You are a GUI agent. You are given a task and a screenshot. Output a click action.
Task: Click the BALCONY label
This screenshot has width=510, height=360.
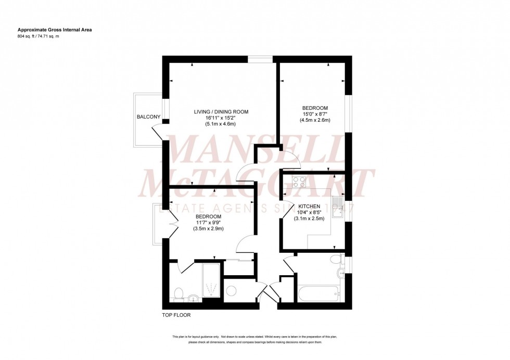pyautogui.click(x=148, y=117)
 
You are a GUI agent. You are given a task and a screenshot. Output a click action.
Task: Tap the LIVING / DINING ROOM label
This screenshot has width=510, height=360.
pyautogui.click(x=221, y=112)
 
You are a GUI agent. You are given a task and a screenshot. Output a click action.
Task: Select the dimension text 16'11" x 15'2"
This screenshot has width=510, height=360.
pyautogui.click(x=221, y=118)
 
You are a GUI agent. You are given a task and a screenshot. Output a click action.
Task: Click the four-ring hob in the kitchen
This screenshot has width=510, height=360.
pyautogui.click(x=299, y=182)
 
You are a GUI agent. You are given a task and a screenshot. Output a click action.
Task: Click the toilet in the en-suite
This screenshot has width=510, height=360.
pyautogui.click(x=178, y=294)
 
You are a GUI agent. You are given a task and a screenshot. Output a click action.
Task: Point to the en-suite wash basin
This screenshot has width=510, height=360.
pyautogui.click(x=194, y=298)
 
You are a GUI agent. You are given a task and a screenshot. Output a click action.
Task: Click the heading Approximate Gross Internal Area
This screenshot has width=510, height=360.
pyautogui.click(x=55, y=30)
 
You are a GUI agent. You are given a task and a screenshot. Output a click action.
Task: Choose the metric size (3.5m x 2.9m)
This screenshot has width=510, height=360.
pyautogui.click(x=208, y=228)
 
